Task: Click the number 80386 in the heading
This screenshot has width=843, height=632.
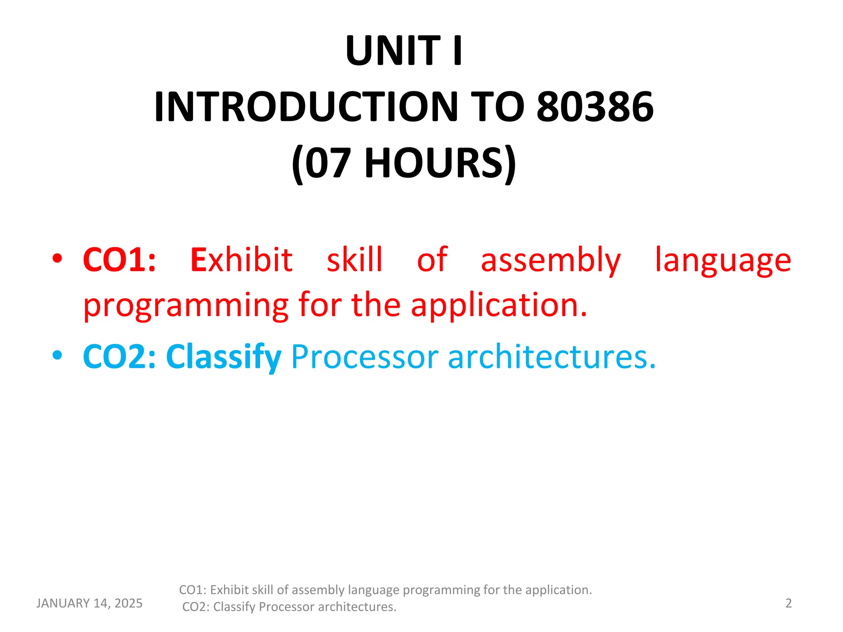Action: (595, 107)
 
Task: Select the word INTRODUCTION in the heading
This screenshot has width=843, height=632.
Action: (306, 107)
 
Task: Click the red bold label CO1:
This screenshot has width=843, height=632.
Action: (119, 260)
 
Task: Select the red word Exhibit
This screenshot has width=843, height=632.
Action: (241, 260)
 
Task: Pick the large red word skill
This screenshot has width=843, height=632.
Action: (354, 260)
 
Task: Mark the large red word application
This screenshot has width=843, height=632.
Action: (498, 305)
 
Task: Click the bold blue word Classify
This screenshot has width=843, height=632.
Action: (224, 356)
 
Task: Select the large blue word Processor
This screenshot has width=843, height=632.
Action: (365, 356)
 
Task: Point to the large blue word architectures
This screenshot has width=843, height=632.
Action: (551, 356)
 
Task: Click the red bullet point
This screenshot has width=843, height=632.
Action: (57, 258)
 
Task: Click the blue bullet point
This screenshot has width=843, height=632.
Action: (57, 355)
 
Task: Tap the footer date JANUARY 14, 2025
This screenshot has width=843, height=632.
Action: (89, 603)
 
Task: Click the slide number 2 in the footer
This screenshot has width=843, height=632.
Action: (788, 603)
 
